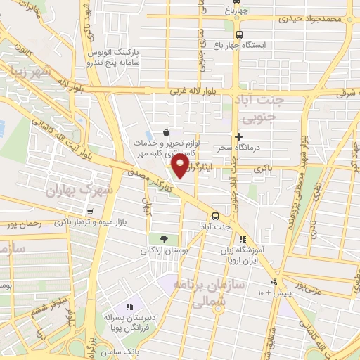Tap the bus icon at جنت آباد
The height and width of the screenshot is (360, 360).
pos(216,217)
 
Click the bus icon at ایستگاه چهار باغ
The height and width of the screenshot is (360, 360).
pos(239,34)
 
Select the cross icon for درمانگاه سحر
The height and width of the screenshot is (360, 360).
pos(239,137)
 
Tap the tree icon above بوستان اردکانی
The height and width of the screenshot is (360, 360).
pos(163,238)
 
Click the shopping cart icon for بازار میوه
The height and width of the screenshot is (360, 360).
pos(90,212)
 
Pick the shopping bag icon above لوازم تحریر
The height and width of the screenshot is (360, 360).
pos(165,132)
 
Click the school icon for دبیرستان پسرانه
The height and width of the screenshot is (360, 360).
pos(129,306)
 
